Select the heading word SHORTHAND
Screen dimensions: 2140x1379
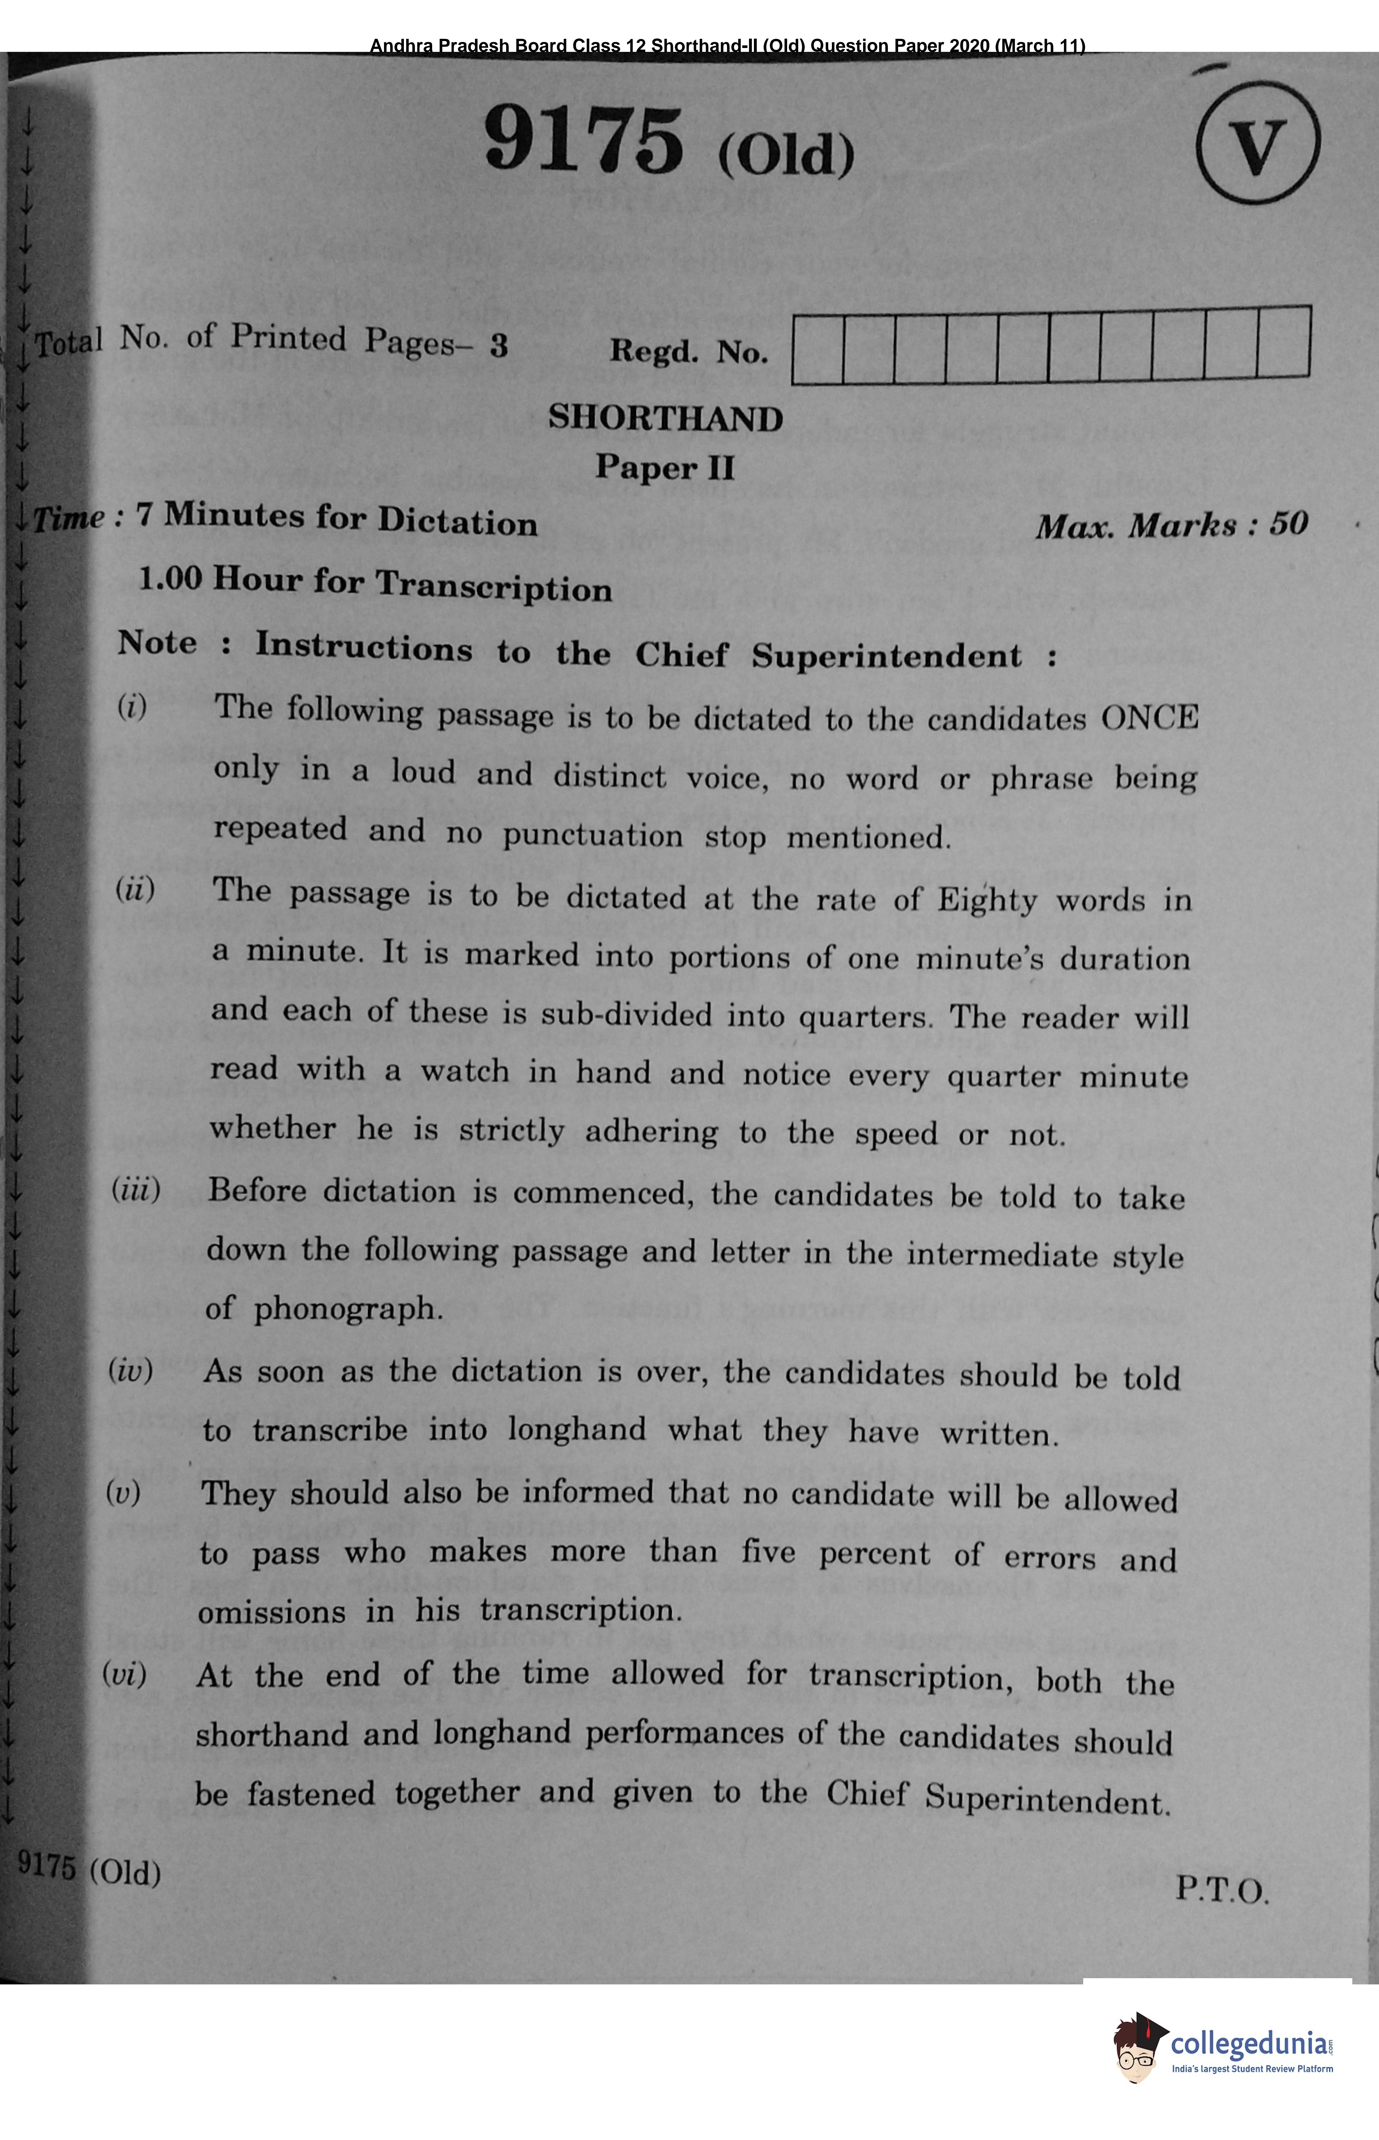click(665, 418)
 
